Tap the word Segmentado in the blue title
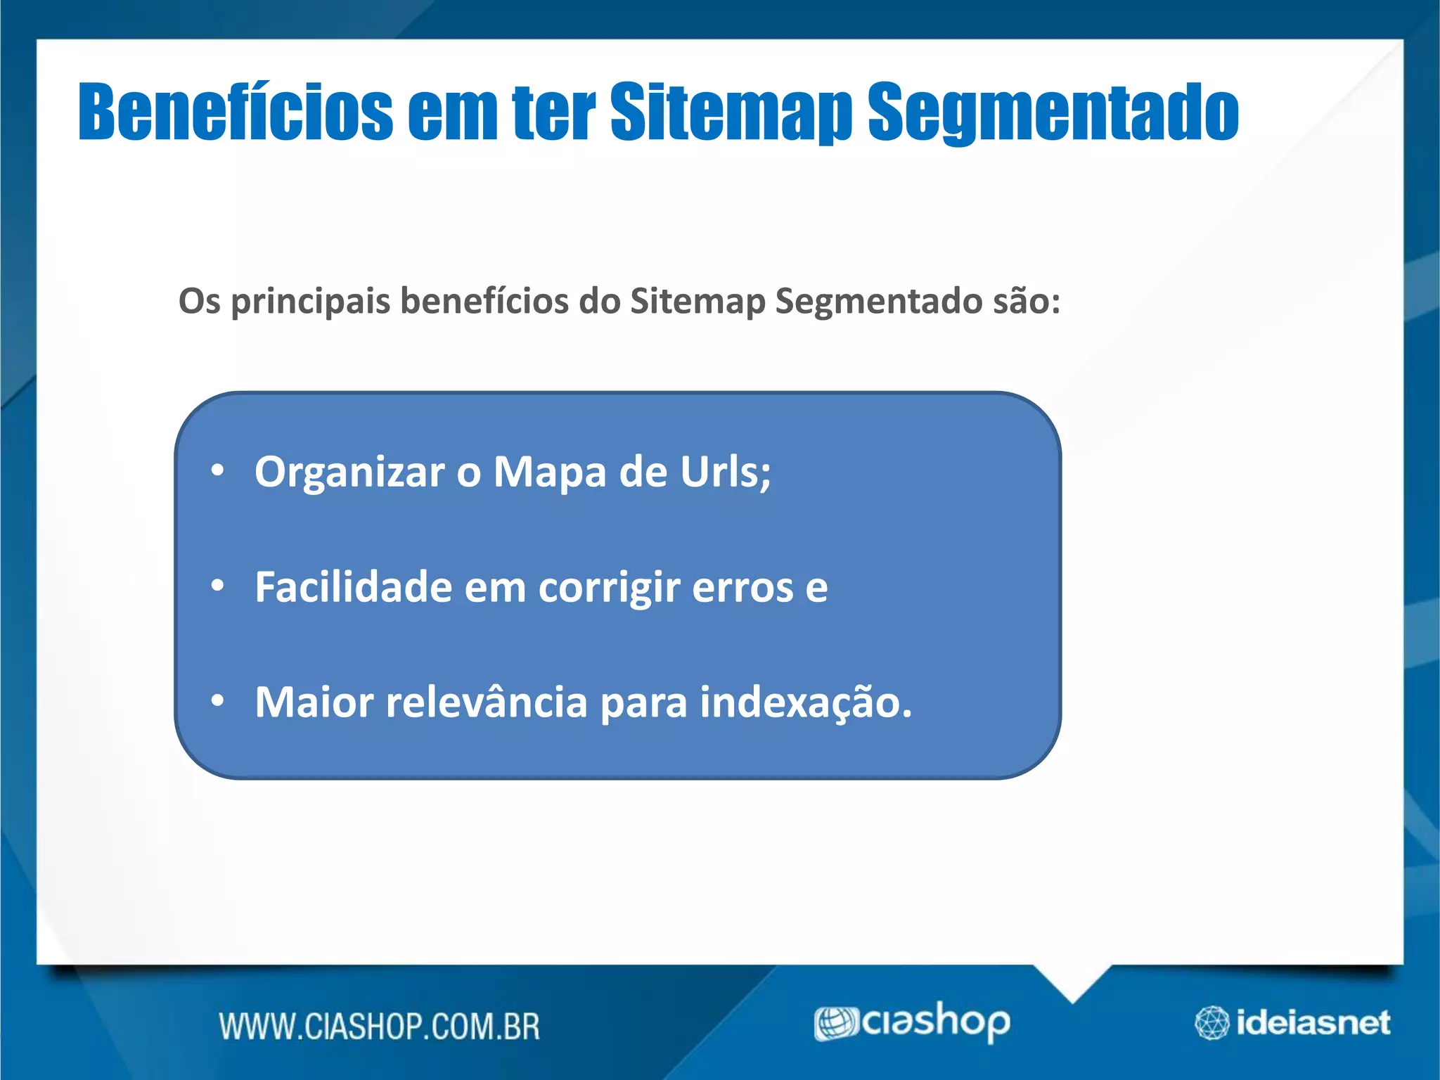pos(1053,112)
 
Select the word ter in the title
pos(553,112)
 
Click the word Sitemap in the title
pos(731,112)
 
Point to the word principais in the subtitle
pos(310,302)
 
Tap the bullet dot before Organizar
pos(217,470)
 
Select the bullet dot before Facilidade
pos(217,585)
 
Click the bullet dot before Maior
pos(217,700)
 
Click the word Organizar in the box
pos(349,472)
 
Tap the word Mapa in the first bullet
pos(549,472)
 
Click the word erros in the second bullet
pos(742,588)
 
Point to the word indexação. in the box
pos(805,702)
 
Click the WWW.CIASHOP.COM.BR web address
pos(379,1027)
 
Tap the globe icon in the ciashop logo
pos(835,1023)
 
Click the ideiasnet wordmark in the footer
pos(1313,1022)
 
